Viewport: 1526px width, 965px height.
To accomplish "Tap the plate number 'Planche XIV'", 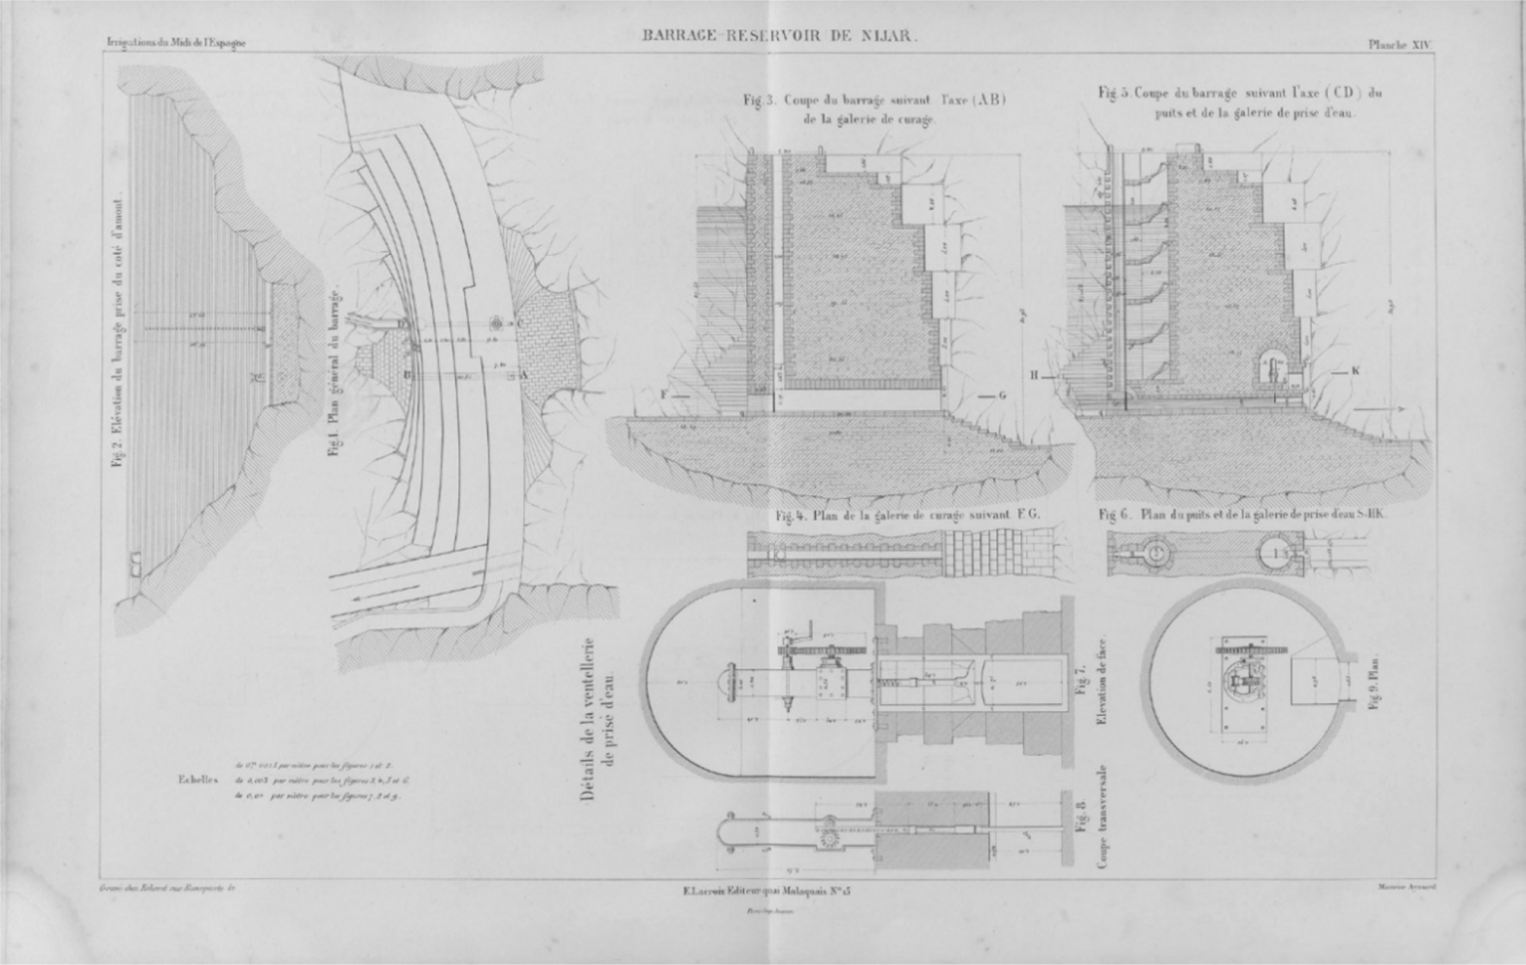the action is click(1399, 45).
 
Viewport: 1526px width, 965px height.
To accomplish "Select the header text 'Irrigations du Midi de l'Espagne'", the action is click(176, 43).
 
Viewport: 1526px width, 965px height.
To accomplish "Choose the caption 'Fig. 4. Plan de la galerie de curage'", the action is click(908, 515).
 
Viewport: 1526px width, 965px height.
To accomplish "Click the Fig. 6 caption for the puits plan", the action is click(1242, 514).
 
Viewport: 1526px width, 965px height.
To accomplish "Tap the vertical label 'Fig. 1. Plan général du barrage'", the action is click(336, 374).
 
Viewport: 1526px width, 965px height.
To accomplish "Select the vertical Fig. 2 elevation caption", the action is click(118, 331).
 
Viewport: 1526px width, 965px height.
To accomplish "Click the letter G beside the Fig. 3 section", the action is click(1002, 396).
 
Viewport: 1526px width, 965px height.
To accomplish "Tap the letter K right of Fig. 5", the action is click(1355, 371).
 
